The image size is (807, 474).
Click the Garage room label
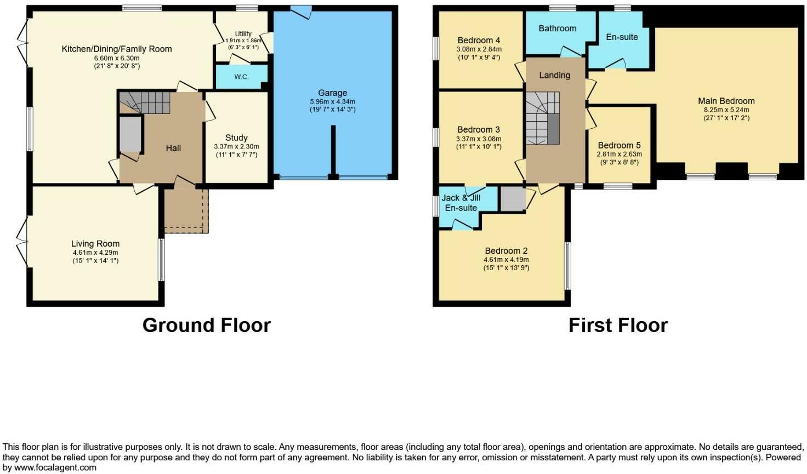(x=332, y=93)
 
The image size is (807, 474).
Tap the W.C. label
(x=241, y=77)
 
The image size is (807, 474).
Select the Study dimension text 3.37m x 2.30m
(x=236, y=147)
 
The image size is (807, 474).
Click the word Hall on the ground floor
(x=173, y=148)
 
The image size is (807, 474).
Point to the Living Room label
(x=95, y=244)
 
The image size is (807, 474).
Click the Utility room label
(x=243, y=34)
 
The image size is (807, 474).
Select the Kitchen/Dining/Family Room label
(x=117, y=49)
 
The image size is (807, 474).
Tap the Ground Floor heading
(x=206, y=325)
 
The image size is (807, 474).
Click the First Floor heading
(x=618, y=325)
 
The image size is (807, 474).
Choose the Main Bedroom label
(x=726, y=101)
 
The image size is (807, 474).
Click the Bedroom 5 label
(x=619, y=145)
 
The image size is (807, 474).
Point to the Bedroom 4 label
(x=479, y=40)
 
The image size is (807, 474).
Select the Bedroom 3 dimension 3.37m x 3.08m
(x=479, y=139)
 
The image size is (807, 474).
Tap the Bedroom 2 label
(x=506, y=251)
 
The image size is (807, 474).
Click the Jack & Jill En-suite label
(x=461, y=203)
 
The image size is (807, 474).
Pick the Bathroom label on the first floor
(x=557, y=28)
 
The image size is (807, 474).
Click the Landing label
(x=554, y=75)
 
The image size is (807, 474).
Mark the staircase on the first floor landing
(x=542, y=118)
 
